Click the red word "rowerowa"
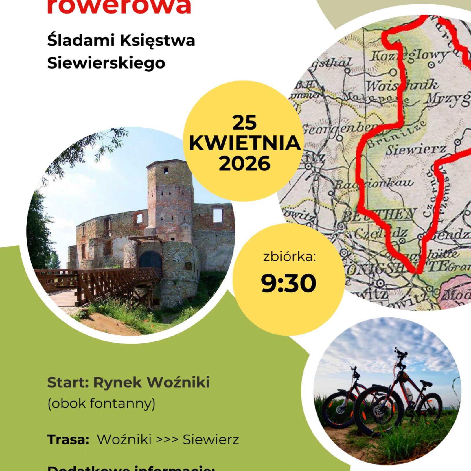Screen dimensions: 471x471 tap(119, 6)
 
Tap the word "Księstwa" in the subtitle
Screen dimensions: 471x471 tap(157, 41)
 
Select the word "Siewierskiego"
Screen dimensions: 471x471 tap(106, 63)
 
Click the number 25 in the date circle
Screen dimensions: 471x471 tap(244, 123)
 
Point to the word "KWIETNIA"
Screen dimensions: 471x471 tap(245, 143)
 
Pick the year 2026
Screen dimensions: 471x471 tap(244, 163)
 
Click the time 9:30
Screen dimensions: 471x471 tap(288, 283)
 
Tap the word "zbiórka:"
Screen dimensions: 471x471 tap(289, 257)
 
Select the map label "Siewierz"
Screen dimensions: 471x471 tap(416, 150)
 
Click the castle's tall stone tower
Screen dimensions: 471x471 tap(170, 197)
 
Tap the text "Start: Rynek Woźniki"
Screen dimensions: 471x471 tap(128, 382)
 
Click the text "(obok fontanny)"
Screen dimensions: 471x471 tap(101, 403)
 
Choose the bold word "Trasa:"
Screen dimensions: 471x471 tap(68, 439)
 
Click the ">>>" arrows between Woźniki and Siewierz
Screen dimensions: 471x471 tap(167, 439)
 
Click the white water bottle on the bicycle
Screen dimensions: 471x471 tap(409, 394)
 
